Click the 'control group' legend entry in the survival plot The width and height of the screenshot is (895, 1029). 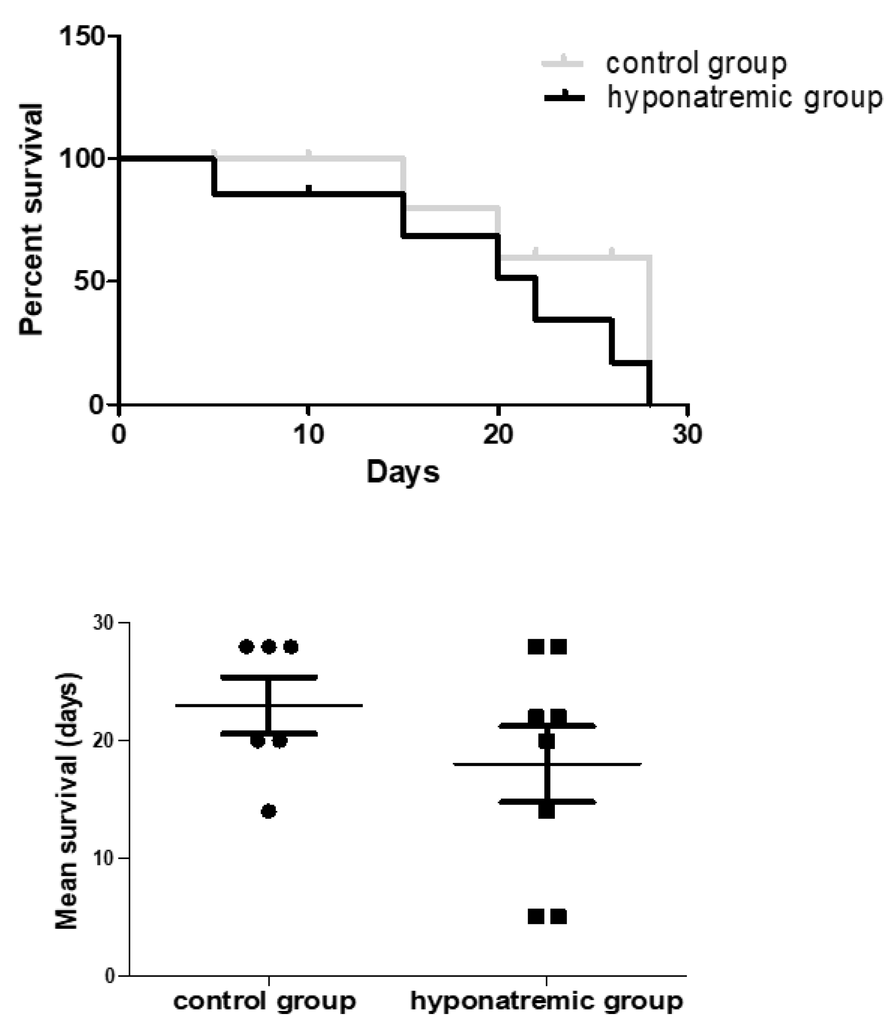tap(696, 63)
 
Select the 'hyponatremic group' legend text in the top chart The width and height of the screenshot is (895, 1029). tap(744, 97)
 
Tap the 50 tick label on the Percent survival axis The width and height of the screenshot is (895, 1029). tap(89, 281)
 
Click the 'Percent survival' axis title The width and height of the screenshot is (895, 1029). tap(31, 220)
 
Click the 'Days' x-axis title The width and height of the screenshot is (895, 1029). tap(403, 472)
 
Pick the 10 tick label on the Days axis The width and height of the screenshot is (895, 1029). tap(308, 435)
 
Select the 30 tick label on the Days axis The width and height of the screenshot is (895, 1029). tap(687, 435)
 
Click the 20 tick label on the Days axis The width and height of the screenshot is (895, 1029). tap(498, 435)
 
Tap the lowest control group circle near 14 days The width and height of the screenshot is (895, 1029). tap(269, 811)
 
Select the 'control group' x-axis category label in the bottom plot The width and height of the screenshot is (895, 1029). tap(265, 1001)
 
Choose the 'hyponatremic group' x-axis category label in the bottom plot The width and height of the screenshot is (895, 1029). tap(547, 1001)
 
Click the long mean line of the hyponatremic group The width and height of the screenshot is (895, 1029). tap(599, 765)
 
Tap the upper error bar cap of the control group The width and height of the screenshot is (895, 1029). tap(269, 677)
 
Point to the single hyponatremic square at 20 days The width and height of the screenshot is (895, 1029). tap(547, 741)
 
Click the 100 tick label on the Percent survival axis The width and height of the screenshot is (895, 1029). tap(82, 159)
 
